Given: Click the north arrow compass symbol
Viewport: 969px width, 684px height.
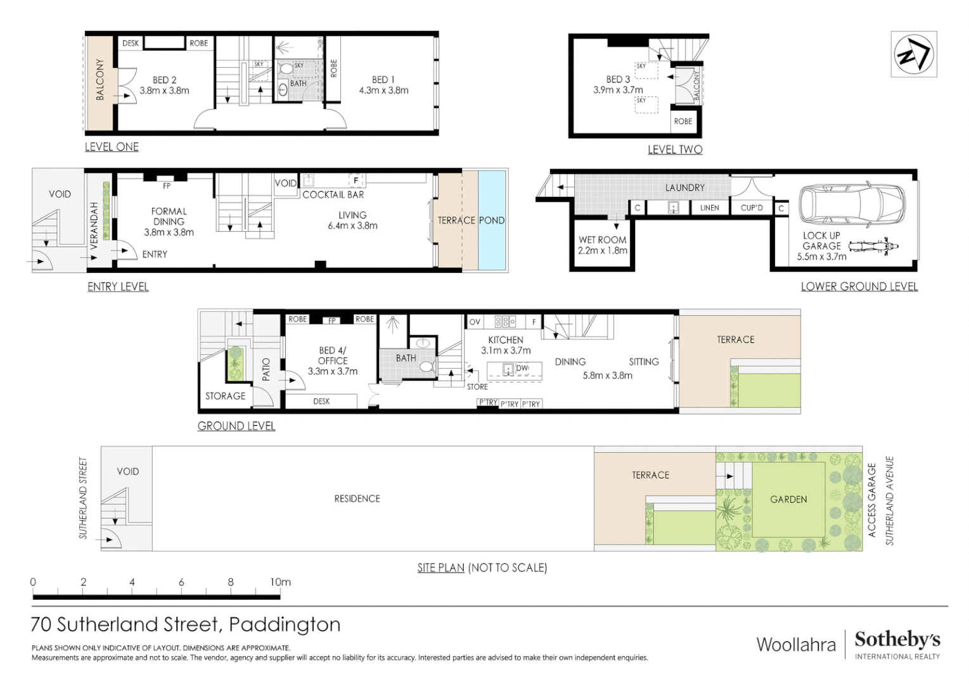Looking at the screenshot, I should click(913, 54).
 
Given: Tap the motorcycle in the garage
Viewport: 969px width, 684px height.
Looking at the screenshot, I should click(873, 246).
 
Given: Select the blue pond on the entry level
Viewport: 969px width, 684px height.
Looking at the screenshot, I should click(492, 220).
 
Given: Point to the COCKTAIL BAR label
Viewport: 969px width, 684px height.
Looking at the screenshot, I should click(333, 194).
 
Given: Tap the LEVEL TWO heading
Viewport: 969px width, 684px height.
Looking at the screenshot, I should click(674, 149).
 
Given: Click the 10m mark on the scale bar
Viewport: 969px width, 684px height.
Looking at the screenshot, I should click(280, 582).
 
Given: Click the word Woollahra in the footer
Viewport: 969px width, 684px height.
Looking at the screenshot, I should click(796, 645).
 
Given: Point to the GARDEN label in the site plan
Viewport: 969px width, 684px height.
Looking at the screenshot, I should click(788, 499).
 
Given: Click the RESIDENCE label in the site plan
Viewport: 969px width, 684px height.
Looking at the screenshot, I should click(357, 498).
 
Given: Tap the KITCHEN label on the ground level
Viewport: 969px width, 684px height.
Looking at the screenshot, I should click(505, 340).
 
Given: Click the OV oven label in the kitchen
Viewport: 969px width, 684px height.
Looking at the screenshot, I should click(475, 322).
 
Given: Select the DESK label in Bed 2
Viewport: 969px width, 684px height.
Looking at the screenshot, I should click(131, 43).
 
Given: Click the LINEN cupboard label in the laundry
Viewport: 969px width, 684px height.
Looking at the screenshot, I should click(709, 208).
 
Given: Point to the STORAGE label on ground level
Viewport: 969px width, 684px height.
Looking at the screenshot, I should click(225, 396).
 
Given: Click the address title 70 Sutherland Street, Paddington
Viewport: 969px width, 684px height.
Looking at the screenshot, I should click(186, 624).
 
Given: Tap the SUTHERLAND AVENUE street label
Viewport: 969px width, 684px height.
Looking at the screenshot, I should click(889, 500).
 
